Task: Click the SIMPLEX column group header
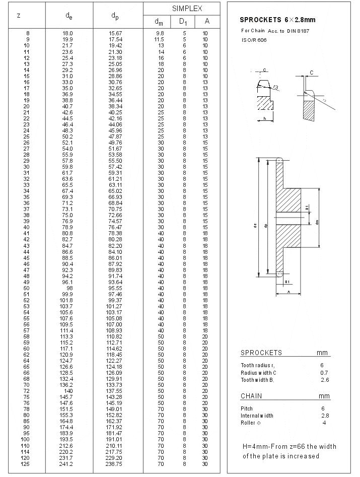tap(187, 9)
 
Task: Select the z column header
tap(19, 15)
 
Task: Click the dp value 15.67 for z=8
tap(116, 33)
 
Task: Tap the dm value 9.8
tap(160, 33)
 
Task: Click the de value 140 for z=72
tap(68, 390)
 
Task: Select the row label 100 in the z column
tap(26, 440)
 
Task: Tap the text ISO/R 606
tap(254, 40)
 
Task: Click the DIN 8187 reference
tap(297, 31)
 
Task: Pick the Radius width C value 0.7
tap(324, 373)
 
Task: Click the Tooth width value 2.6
tap(325, 380)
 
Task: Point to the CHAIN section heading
tap(251, 396)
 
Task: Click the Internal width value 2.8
tap(325, 416)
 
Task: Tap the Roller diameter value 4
tap(324, 423)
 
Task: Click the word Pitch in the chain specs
tap(247, 408)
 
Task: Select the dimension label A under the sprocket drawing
tap(289, 292)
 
